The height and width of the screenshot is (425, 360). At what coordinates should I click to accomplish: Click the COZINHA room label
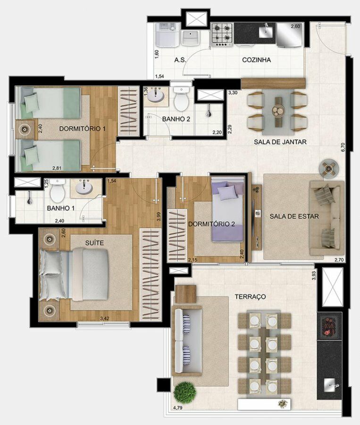(256, 59)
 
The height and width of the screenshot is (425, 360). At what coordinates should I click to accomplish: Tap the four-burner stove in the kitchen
(222, 34)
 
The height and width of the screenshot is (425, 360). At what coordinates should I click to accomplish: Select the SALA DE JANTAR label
(280, 142)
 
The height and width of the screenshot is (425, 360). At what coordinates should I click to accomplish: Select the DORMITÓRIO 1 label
(83, 128)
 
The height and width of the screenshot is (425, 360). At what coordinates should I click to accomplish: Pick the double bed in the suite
(74, 275)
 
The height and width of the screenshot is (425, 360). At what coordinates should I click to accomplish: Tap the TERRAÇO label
(250, 297)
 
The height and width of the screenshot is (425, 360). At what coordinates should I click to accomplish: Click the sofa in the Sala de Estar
(327, 218)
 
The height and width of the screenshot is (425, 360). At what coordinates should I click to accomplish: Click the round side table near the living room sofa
(328, 169)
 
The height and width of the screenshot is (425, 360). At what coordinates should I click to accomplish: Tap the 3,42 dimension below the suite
(105, 318)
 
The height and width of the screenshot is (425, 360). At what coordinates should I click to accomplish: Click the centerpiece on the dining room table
(278, 110)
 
